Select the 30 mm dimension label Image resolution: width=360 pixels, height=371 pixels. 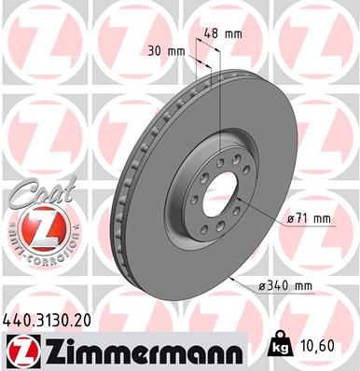[166, 51]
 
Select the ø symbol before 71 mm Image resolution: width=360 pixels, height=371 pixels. [291, 219]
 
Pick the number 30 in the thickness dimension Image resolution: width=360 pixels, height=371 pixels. [156, 51]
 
